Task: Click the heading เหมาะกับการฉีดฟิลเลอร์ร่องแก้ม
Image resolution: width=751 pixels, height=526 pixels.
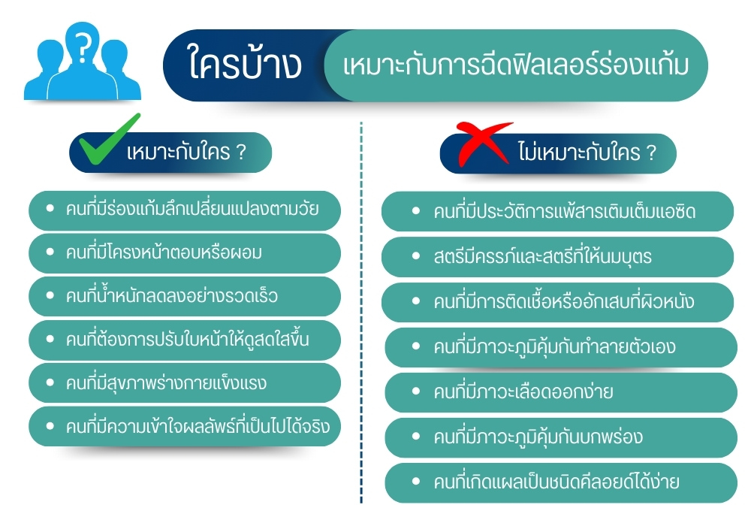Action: (x=515, y=65)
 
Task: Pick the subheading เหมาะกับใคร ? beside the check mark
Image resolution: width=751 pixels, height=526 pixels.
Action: (x=188, y=153)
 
